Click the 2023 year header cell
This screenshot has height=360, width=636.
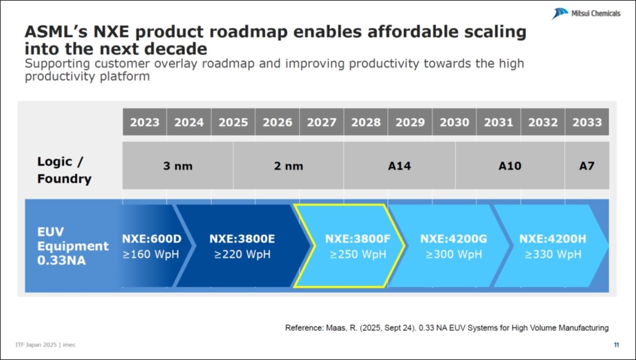point(145,122)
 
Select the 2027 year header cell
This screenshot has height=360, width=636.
point(321,122)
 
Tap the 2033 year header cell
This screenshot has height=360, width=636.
point(587,122)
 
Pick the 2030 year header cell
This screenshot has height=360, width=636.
point(454,122)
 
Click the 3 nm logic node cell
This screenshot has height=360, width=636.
point(178,166)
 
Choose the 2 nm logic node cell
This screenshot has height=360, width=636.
point(288,166)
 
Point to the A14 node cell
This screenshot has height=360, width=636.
point(399,166)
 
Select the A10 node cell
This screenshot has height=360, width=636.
point(510,166)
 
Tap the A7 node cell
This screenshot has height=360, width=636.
point(587,166)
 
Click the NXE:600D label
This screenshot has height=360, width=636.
point(152,239)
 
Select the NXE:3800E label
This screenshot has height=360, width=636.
point(242,239)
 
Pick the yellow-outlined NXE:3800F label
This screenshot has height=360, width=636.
point(358,239)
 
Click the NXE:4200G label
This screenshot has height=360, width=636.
point(453,239)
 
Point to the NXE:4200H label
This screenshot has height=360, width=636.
point(552,239)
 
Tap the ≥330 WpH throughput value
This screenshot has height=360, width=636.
point(552,254)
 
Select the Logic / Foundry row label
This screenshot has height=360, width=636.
point(64,170)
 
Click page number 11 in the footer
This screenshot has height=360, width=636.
point(616,344)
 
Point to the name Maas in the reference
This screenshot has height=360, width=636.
point(334,328)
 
